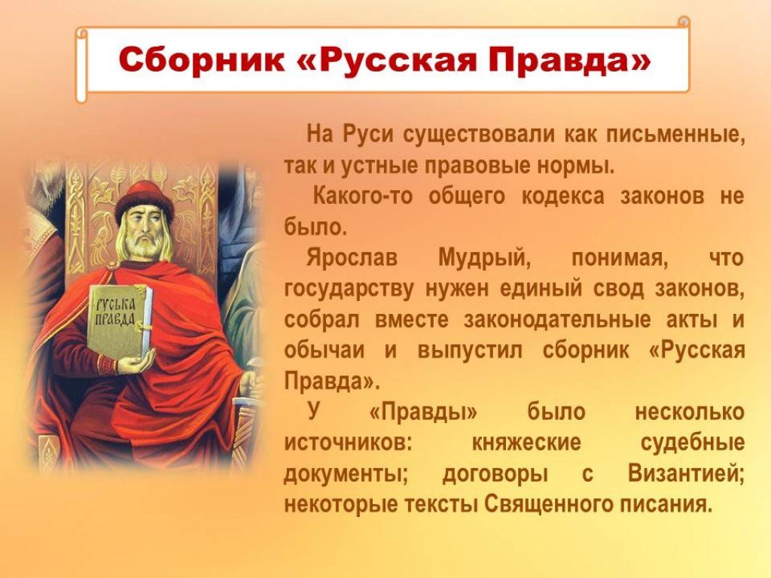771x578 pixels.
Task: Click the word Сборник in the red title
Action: coord(202,60)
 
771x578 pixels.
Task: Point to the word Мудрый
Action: coord(484,259)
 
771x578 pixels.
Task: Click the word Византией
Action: coord(687,474)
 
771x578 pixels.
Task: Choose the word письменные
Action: coord(675,135)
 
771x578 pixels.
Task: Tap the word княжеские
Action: coord(526,443)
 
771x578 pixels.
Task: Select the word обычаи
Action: coord(325,351)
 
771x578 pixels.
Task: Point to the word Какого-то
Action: coord(363,196)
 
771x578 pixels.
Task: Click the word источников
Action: coord(347,443)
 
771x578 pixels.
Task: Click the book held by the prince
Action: coord(120,321)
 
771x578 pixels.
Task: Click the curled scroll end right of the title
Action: coord(684,22)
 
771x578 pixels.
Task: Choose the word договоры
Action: coord(495,474)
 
